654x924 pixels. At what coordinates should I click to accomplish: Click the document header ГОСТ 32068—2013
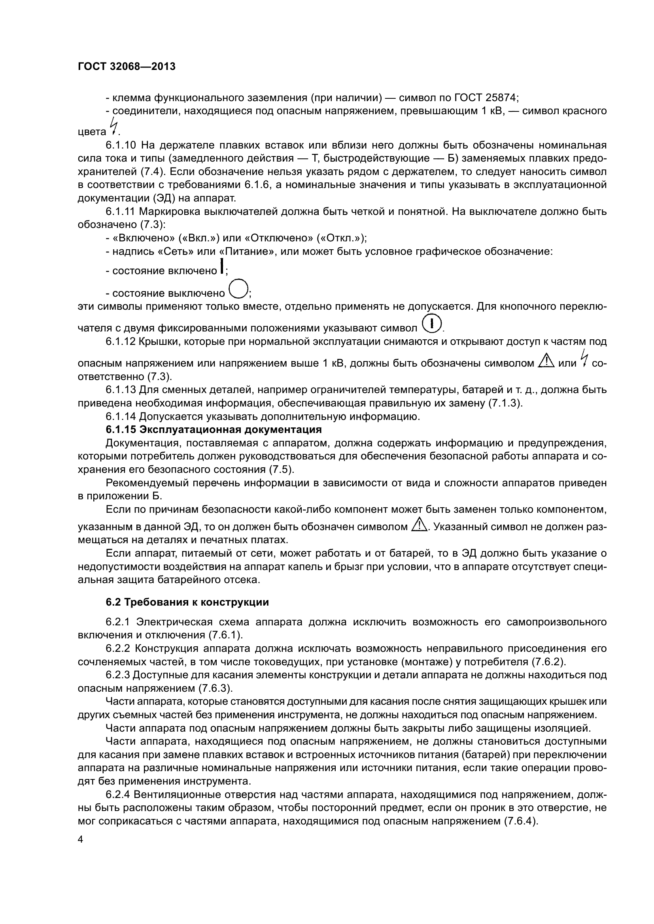tap(127, 66)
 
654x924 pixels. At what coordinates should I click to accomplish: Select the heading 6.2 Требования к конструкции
tap(187, 602)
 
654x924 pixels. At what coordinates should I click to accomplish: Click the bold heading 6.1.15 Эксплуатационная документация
tap(214, 429)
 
